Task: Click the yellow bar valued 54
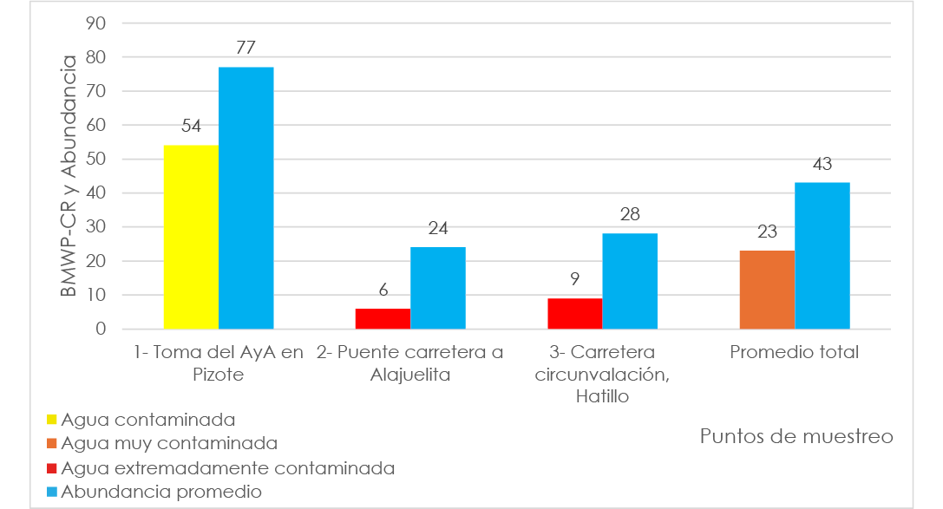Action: tap(191, 237)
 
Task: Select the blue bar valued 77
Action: tap(246, 198)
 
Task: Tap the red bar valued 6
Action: tap(383, 318)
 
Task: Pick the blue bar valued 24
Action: tap(438, 288)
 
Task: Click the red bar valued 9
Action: tap(574, 313)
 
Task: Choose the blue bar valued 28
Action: tap(630, 281)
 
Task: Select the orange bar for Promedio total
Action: tap(767, 290)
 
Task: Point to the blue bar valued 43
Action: tap(822, 256)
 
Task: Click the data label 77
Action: tap(246, 48)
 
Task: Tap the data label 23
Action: tap(767, 232)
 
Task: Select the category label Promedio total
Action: tap(794, 353)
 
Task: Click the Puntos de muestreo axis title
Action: tap(796, 436)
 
